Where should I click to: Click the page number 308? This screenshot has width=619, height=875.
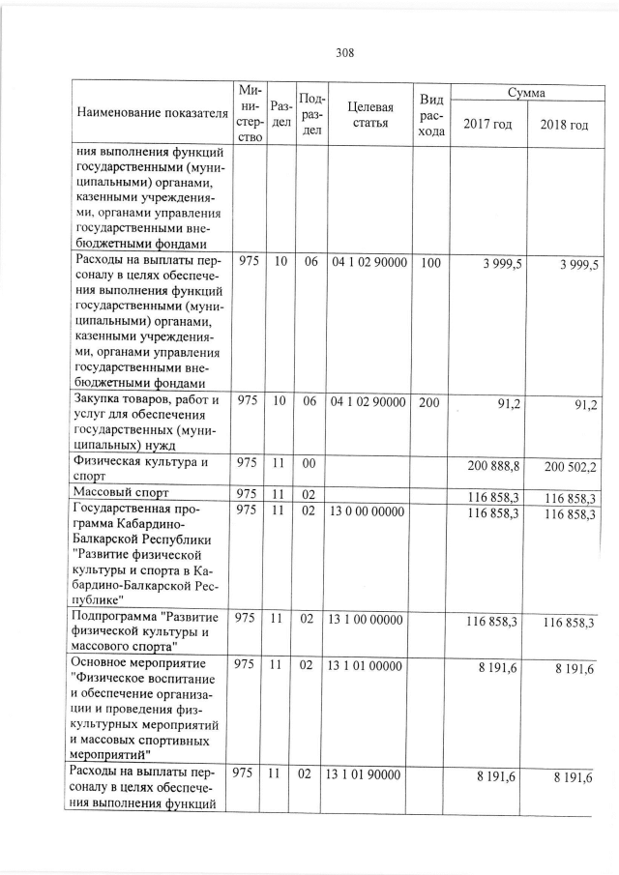(344, 53)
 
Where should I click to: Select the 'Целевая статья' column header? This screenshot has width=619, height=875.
(371, 113)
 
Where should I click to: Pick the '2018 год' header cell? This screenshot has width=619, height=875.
(564, 126)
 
